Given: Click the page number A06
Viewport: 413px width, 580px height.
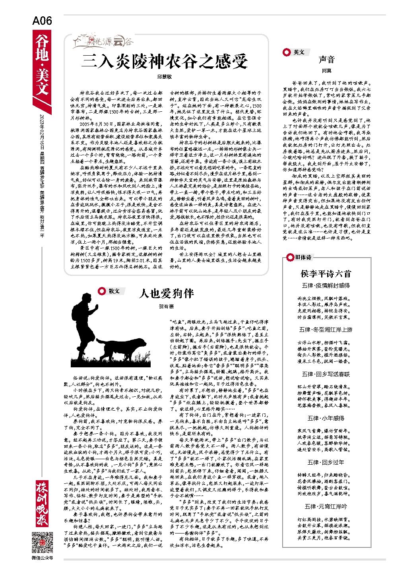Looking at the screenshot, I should (42, 21).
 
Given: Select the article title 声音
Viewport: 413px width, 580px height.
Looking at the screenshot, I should (327, 60).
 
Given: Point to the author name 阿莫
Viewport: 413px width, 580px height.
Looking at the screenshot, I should (327, 71).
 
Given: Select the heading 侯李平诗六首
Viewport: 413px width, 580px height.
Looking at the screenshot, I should (326, 274).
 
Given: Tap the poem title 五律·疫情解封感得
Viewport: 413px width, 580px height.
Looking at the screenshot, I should (326, 285).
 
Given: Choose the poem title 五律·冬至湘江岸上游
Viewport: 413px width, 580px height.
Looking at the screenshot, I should (326, 330).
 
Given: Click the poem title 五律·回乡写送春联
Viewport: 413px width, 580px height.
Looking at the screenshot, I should (326, 374).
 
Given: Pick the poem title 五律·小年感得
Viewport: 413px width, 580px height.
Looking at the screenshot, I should (326, 418).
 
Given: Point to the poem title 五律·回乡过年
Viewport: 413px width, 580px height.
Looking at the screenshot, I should (326, 462).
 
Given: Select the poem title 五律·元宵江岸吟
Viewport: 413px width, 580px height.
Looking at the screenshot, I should (326, 506).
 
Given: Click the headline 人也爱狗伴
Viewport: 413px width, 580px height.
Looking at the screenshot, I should (166, 294).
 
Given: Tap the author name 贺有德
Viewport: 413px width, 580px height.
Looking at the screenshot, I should (166, 306).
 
